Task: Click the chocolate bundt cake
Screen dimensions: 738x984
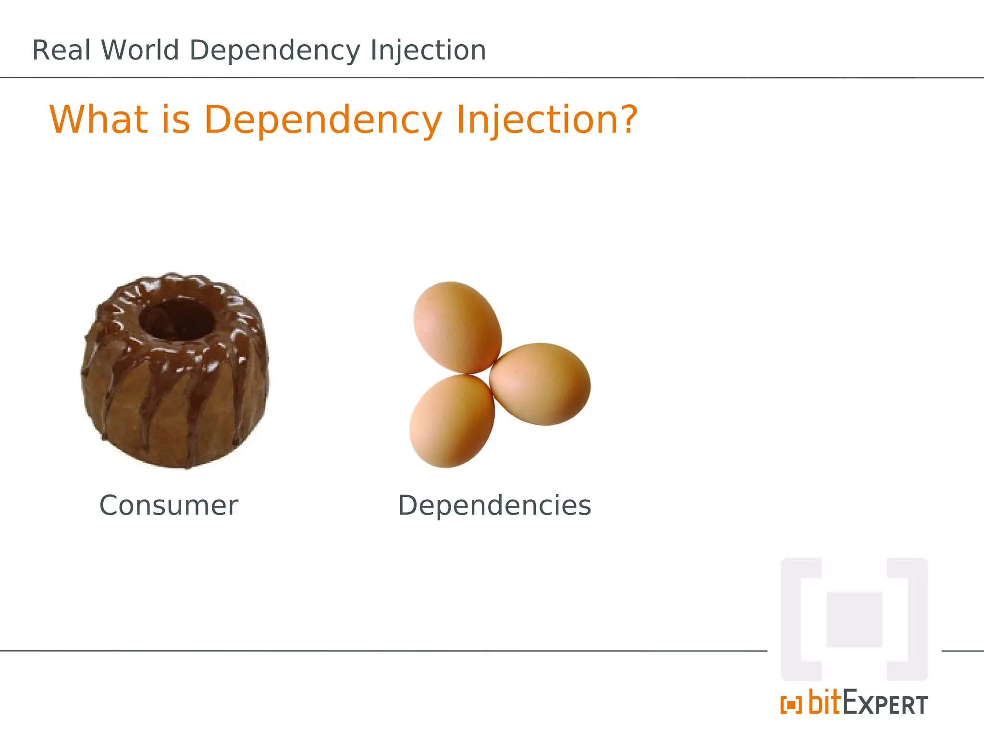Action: coord(175,384)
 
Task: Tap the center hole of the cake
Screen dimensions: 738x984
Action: coord(176,318)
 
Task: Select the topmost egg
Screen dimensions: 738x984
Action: coord(457,327)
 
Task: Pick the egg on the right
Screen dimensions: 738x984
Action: coord(541,383)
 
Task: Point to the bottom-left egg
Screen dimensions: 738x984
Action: coord(452,421)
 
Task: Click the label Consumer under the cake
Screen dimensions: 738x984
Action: coord(169,505)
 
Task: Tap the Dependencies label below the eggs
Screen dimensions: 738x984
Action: coord(494,505)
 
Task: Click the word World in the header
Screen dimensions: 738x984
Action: coord(140,50)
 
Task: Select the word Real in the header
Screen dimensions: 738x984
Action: coord(61,50)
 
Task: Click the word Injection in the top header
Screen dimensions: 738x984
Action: coord(428,51)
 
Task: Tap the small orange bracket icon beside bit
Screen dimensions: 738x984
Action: coord(791,705)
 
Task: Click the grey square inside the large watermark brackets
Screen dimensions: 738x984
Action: coord(854,620)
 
